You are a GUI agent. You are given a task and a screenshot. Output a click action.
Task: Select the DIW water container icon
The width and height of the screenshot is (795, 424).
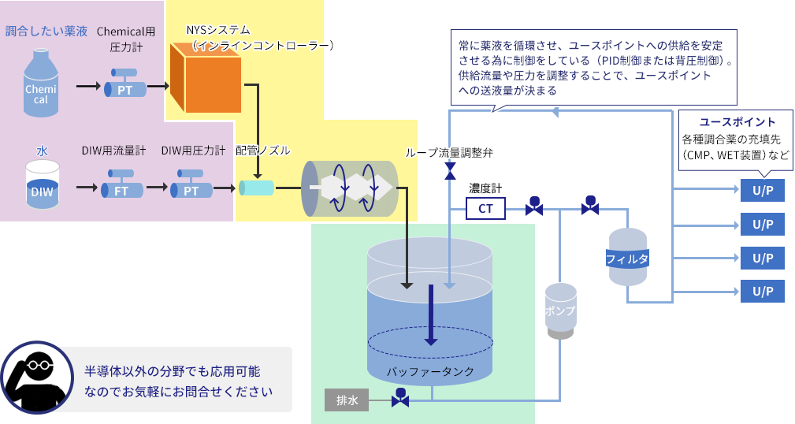pyautogui.click(x=43, y=185)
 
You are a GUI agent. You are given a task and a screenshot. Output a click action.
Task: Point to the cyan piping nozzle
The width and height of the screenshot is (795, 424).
pyautogui.click(x=256, y=188)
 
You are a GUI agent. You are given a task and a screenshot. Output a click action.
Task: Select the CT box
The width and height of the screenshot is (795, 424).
pyautogui.click(x=485, y=208)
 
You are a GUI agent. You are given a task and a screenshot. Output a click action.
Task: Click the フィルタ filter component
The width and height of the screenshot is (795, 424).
pyautogui.click(x=627, y=258)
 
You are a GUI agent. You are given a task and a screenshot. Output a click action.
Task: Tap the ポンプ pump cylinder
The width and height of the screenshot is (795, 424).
pyautogui.click(x=560, y=311)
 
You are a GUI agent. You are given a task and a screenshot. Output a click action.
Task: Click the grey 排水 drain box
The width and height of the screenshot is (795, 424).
pyautogui.click(x=347, y=400)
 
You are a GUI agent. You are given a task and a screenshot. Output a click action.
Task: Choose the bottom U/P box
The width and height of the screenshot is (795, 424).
pyautogui.click(x=762, y=292)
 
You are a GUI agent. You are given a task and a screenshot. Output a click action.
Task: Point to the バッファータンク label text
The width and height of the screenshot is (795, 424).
pyautogui.click(x=430, y=371)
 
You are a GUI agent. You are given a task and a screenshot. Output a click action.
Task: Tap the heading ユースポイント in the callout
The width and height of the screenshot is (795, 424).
pyautogui.click(x=737, y=122)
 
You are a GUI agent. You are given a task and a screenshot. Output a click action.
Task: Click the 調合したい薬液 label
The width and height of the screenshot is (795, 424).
pyautogui.click(x=46, y=32)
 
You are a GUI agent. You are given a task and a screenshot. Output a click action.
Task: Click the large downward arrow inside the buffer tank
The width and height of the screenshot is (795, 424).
pyautogui.click(x=430, y=315)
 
